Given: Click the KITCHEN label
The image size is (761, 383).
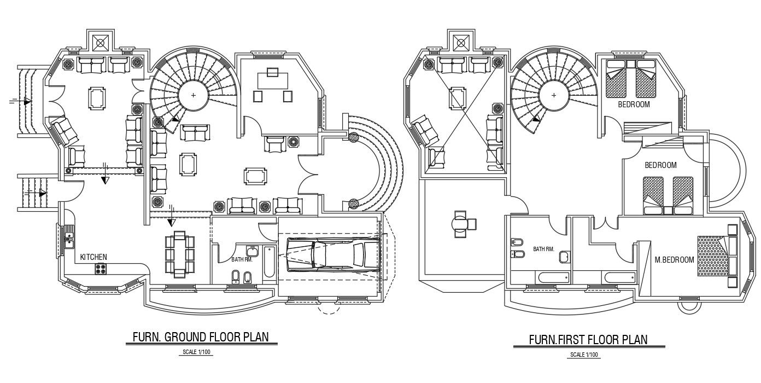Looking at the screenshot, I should click(x=93, y=257).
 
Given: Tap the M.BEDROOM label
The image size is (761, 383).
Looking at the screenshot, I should click(x=674, y=259).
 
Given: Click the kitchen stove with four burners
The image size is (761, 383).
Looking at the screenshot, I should click(x=102, y=269).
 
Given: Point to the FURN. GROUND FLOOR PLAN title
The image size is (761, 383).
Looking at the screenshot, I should click(x=201, y=336).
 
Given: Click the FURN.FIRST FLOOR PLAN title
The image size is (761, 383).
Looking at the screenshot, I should click(x=588, y=340).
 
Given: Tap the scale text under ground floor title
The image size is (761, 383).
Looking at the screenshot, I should click(x=196, y=353).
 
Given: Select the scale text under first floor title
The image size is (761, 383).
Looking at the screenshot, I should click(x=584, y=355).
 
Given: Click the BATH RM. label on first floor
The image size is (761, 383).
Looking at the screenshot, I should click(x=543, y=249).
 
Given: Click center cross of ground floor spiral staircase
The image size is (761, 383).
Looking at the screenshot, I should click(x=193, y=95).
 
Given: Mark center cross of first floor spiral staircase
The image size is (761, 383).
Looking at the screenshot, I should click(x=554, y=95).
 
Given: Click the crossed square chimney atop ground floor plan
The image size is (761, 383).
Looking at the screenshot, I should click(x=101, y=42).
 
